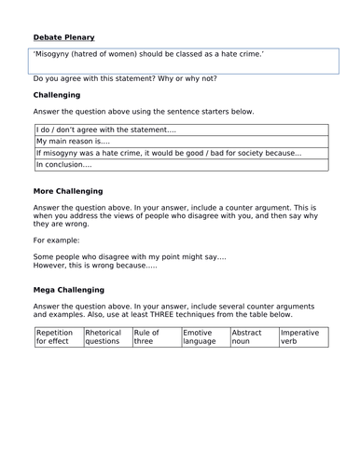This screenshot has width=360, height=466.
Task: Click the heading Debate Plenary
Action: tap(63, 37)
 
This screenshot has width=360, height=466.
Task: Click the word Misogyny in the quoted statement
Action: tap(59, 56)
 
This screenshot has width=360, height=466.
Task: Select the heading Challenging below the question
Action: tap(56, 95)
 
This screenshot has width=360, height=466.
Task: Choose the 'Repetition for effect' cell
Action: tap(57, 336)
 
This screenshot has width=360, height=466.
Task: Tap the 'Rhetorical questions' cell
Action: tap(105, 336)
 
